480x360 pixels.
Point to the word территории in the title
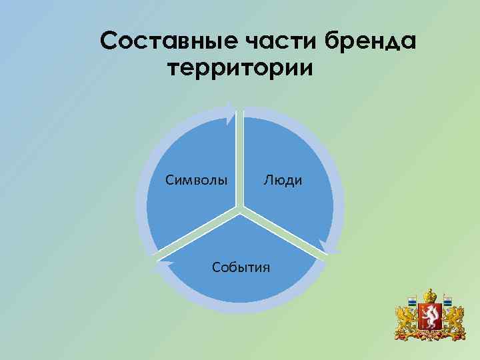(239, 69)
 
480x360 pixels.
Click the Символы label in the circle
(196, 180)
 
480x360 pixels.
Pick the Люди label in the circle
(283, 180)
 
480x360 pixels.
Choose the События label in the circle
(241, 267)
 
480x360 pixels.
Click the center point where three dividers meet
(241, 211)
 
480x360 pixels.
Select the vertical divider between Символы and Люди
(241, 160)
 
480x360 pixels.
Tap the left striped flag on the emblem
(413, 302)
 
